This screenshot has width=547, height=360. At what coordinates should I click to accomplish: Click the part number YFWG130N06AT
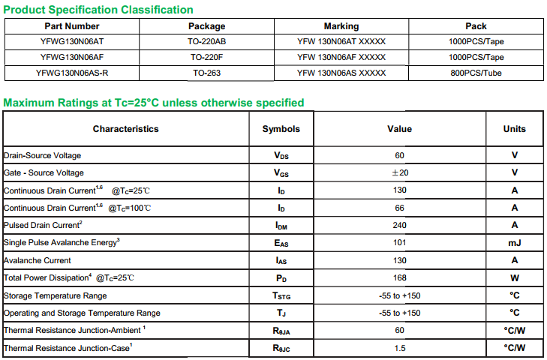tap(72, 42)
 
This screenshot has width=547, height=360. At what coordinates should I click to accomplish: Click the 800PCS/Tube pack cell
tap(476, 73)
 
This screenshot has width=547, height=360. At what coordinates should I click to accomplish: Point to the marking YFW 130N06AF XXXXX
tap(341, 57)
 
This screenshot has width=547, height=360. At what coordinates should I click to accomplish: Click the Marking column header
tap(341, 26)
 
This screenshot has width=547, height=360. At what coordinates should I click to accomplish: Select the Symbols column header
tap(281, 129)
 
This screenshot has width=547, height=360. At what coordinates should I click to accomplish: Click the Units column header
tap(515, 129)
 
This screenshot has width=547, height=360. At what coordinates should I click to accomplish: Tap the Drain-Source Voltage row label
tap(43, 155)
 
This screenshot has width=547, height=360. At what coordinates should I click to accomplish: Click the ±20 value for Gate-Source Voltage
tap(399, 172)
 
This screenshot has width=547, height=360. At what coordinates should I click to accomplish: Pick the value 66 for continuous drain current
tap(399, 208)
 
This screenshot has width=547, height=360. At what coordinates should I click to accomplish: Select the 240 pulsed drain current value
tap(399, 225)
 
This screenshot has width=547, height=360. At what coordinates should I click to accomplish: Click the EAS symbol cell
tap(281, 243)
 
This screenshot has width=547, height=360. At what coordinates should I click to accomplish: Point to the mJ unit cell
tap(515, 243)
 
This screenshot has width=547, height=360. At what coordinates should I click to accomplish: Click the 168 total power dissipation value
tap(399, 278)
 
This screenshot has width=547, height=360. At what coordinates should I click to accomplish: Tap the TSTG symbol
tap(281, 296)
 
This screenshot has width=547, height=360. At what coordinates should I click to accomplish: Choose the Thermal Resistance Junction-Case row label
tap(68, 348)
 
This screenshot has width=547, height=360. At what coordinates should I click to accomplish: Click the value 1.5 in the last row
tap(399, 348)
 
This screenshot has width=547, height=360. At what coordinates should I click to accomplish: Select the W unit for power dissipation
tap(515, 278)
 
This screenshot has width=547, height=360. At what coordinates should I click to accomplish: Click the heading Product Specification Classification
tap(98, 10)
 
